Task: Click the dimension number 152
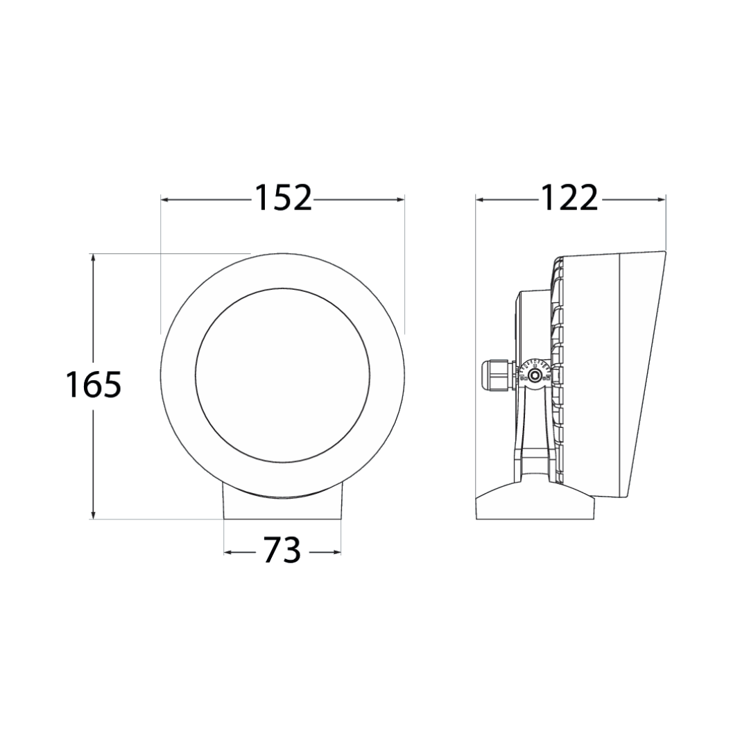pyautogui.click(x=283, y=197)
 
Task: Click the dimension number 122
pyautogui.click(x=569, y=197)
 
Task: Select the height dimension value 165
pyautogui.click(x=94, y=384)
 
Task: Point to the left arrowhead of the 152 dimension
pyautogui.click(x=165, y=200)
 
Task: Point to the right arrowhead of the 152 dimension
pyautogui.click(x=399, y=200)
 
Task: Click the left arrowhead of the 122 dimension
pyautogui.click(x=481, y=200)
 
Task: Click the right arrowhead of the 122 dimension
pyautogui.click(x=661, y=200)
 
